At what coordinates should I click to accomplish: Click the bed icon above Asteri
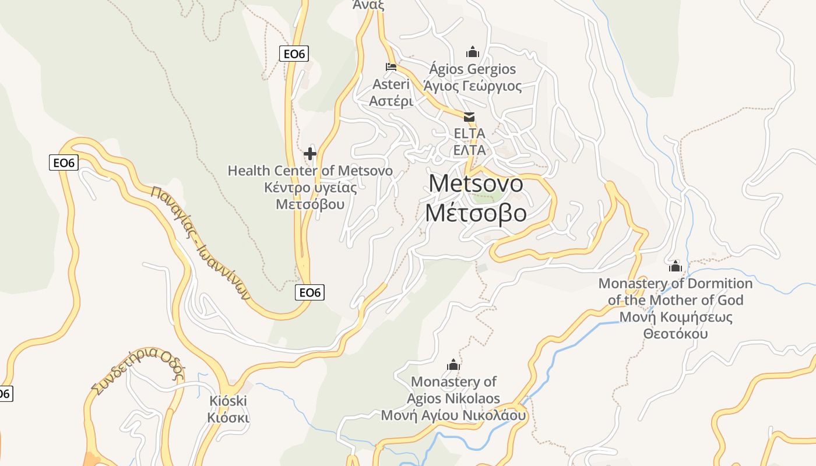click(x=391, y=67)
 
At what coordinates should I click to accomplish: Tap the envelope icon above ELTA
click(x=469, y=116)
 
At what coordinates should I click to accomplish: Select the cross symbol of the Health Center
click(x=310, y=154)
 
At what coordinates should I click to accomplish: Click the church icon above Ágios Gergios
click(x=473, y=52)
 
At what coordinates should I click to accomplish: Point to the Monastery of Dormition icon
click(x=676, y=267)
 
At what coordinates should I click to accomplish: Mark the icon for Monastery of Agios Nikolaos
click(x=453, y=365)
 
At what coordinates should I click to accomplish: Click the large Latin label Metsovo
click(x=476, y=183)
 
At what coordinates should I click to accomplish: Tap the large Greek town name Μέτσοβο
click(x=476, y=213)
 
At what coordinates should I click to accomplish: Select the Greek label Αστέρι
click(x=391, y=101)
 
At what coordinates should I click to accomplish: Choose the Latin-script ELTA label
click(x=469, y=133)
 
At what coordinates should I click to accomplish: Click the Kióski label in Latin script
click(x=228, y=401)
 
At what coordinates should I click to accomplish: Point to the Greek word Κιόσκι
click(x=228, y=418)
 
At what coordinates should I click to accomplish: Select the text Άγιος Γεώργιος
click(x=473, y=86)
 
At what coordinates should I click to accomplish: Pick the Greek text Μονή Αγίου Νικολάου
click(x=453, y=416)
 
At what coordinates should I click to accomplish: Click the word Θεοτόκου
click(x=676, y=334)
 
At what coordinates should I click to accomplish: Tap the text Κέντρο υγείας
click(x=310, y=188)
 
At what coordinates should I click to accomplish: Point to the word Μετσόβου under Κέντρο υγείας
click(x=310, y=204)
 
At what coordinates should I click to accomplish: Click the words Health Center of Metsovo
click(x=310, y=171)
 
